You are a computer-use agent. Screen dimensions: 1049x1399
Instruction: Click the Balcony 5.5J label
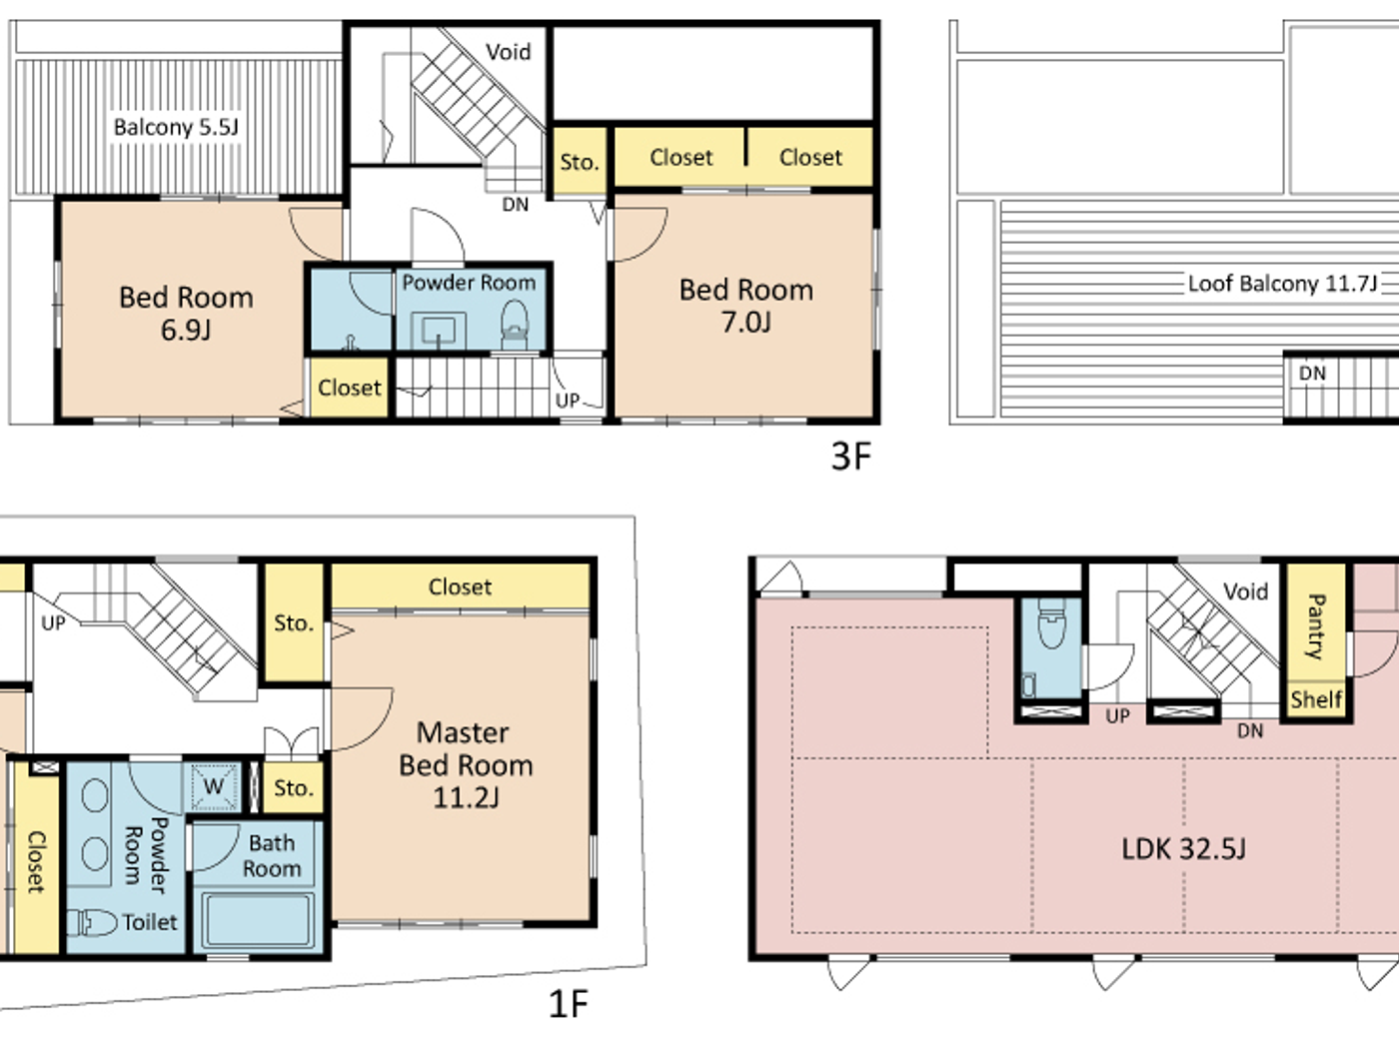coord(176,127)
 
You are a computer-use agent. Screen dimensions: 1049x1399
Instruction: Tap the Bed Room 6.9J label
coord(186,313)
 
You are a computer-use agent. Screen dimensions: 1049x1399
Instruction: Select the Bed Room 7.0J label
coord(745,305)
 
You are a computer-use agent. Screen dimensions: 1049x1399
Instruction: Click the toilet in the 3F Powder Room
coord(514,325)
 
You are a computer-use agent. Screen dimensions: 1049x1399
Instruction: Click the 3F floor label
coord(850,456)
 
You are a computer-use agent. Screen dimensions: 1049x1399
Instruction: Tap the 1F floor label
coord(568,1003)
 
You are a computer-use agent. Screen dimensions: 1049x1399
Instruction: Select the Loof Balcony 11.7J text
coord(1282,284)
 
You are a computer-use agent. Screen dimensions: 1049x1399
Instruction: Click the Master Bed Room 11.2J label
coord(466,764)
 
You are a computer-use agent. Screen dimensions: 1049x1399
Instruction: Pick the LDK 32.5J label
coord(1183,849)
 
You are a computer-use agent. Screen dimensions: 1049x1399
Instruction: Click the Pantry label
coord(1315,625)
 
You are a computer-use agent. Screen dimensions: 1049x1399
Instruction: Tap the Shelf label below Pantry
coord(1315,699)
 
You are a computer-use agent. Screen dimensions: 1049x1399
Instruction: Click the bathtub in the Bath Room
coord(258,919)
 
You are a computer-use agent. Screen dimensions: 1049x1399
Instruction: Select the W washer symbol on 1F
coord(214,786)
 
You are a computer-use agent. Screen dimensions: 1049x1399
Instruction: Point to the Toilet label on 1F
coord(150,922)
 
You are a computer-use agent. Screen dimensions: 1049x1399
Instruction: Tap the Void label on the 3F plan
coord(508,52)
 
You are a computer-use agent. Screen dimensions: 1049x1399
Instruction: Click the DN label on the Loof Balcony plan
coord(1312,374)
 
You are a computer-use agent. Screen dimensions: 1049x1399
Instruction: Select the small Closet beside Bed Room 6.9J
coord(349,388)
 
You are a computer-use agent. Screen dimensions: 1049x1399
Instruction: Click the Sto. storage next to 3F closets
coord(579,162)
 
